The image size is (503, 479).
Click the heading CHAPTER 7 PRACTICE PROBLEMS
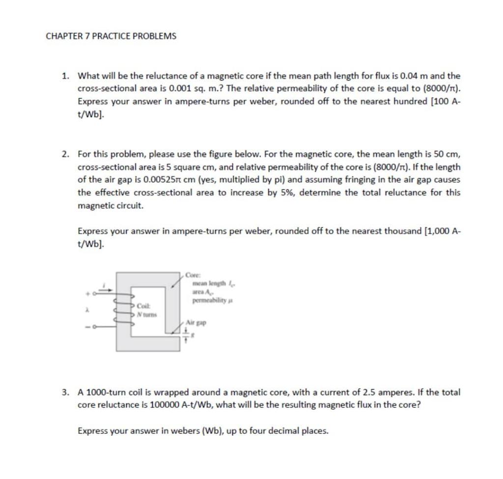coord(111,36)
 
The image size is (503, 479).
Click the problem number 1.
coord(65,76)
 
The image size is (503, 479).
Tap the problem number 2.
coord(65,154)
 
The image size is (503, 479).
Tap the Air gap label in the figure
coord(197,323)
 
